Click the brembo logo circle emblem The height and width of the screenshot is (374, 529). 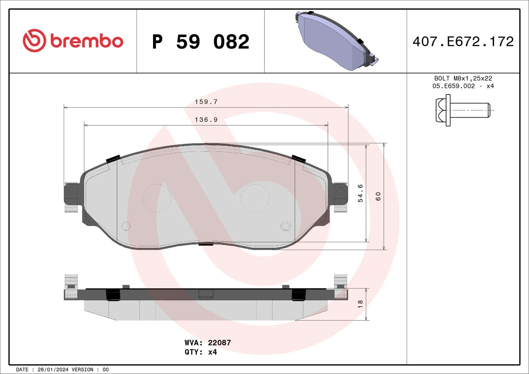(34, 41)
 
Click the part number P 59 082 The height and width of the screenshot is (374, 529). (200, 42)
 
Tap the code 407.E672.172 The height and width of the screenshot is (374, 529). (463, 42)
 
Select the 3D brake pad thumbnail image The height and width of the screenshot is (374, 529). (336, 41)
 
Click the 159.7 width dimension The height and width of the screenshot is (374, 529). (206, 102)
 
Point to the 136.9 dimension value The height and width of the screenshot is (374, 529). (206, 120)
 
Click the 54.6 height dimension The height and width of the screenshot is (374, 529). (360, 193)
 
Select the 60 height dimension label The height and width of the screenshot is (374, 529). (378, 196)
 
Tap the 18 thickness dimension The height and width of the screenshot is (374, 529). (360, 304)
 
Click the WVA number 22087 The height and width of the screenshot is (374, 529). (219, 343)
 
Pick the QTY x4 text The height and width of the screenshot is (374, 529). (201, 352)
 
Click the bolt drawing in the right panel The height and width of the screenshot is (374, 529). (462, 110)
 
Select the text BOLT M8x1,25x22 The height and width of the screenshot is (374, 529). (463, 78)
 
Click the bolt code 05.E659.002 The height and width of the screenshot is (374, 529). (453, 86)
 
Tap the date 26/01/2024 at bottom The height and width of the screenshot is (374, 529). (53, 370)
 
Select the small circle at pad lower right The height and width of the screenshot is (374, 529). (285, 226)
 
